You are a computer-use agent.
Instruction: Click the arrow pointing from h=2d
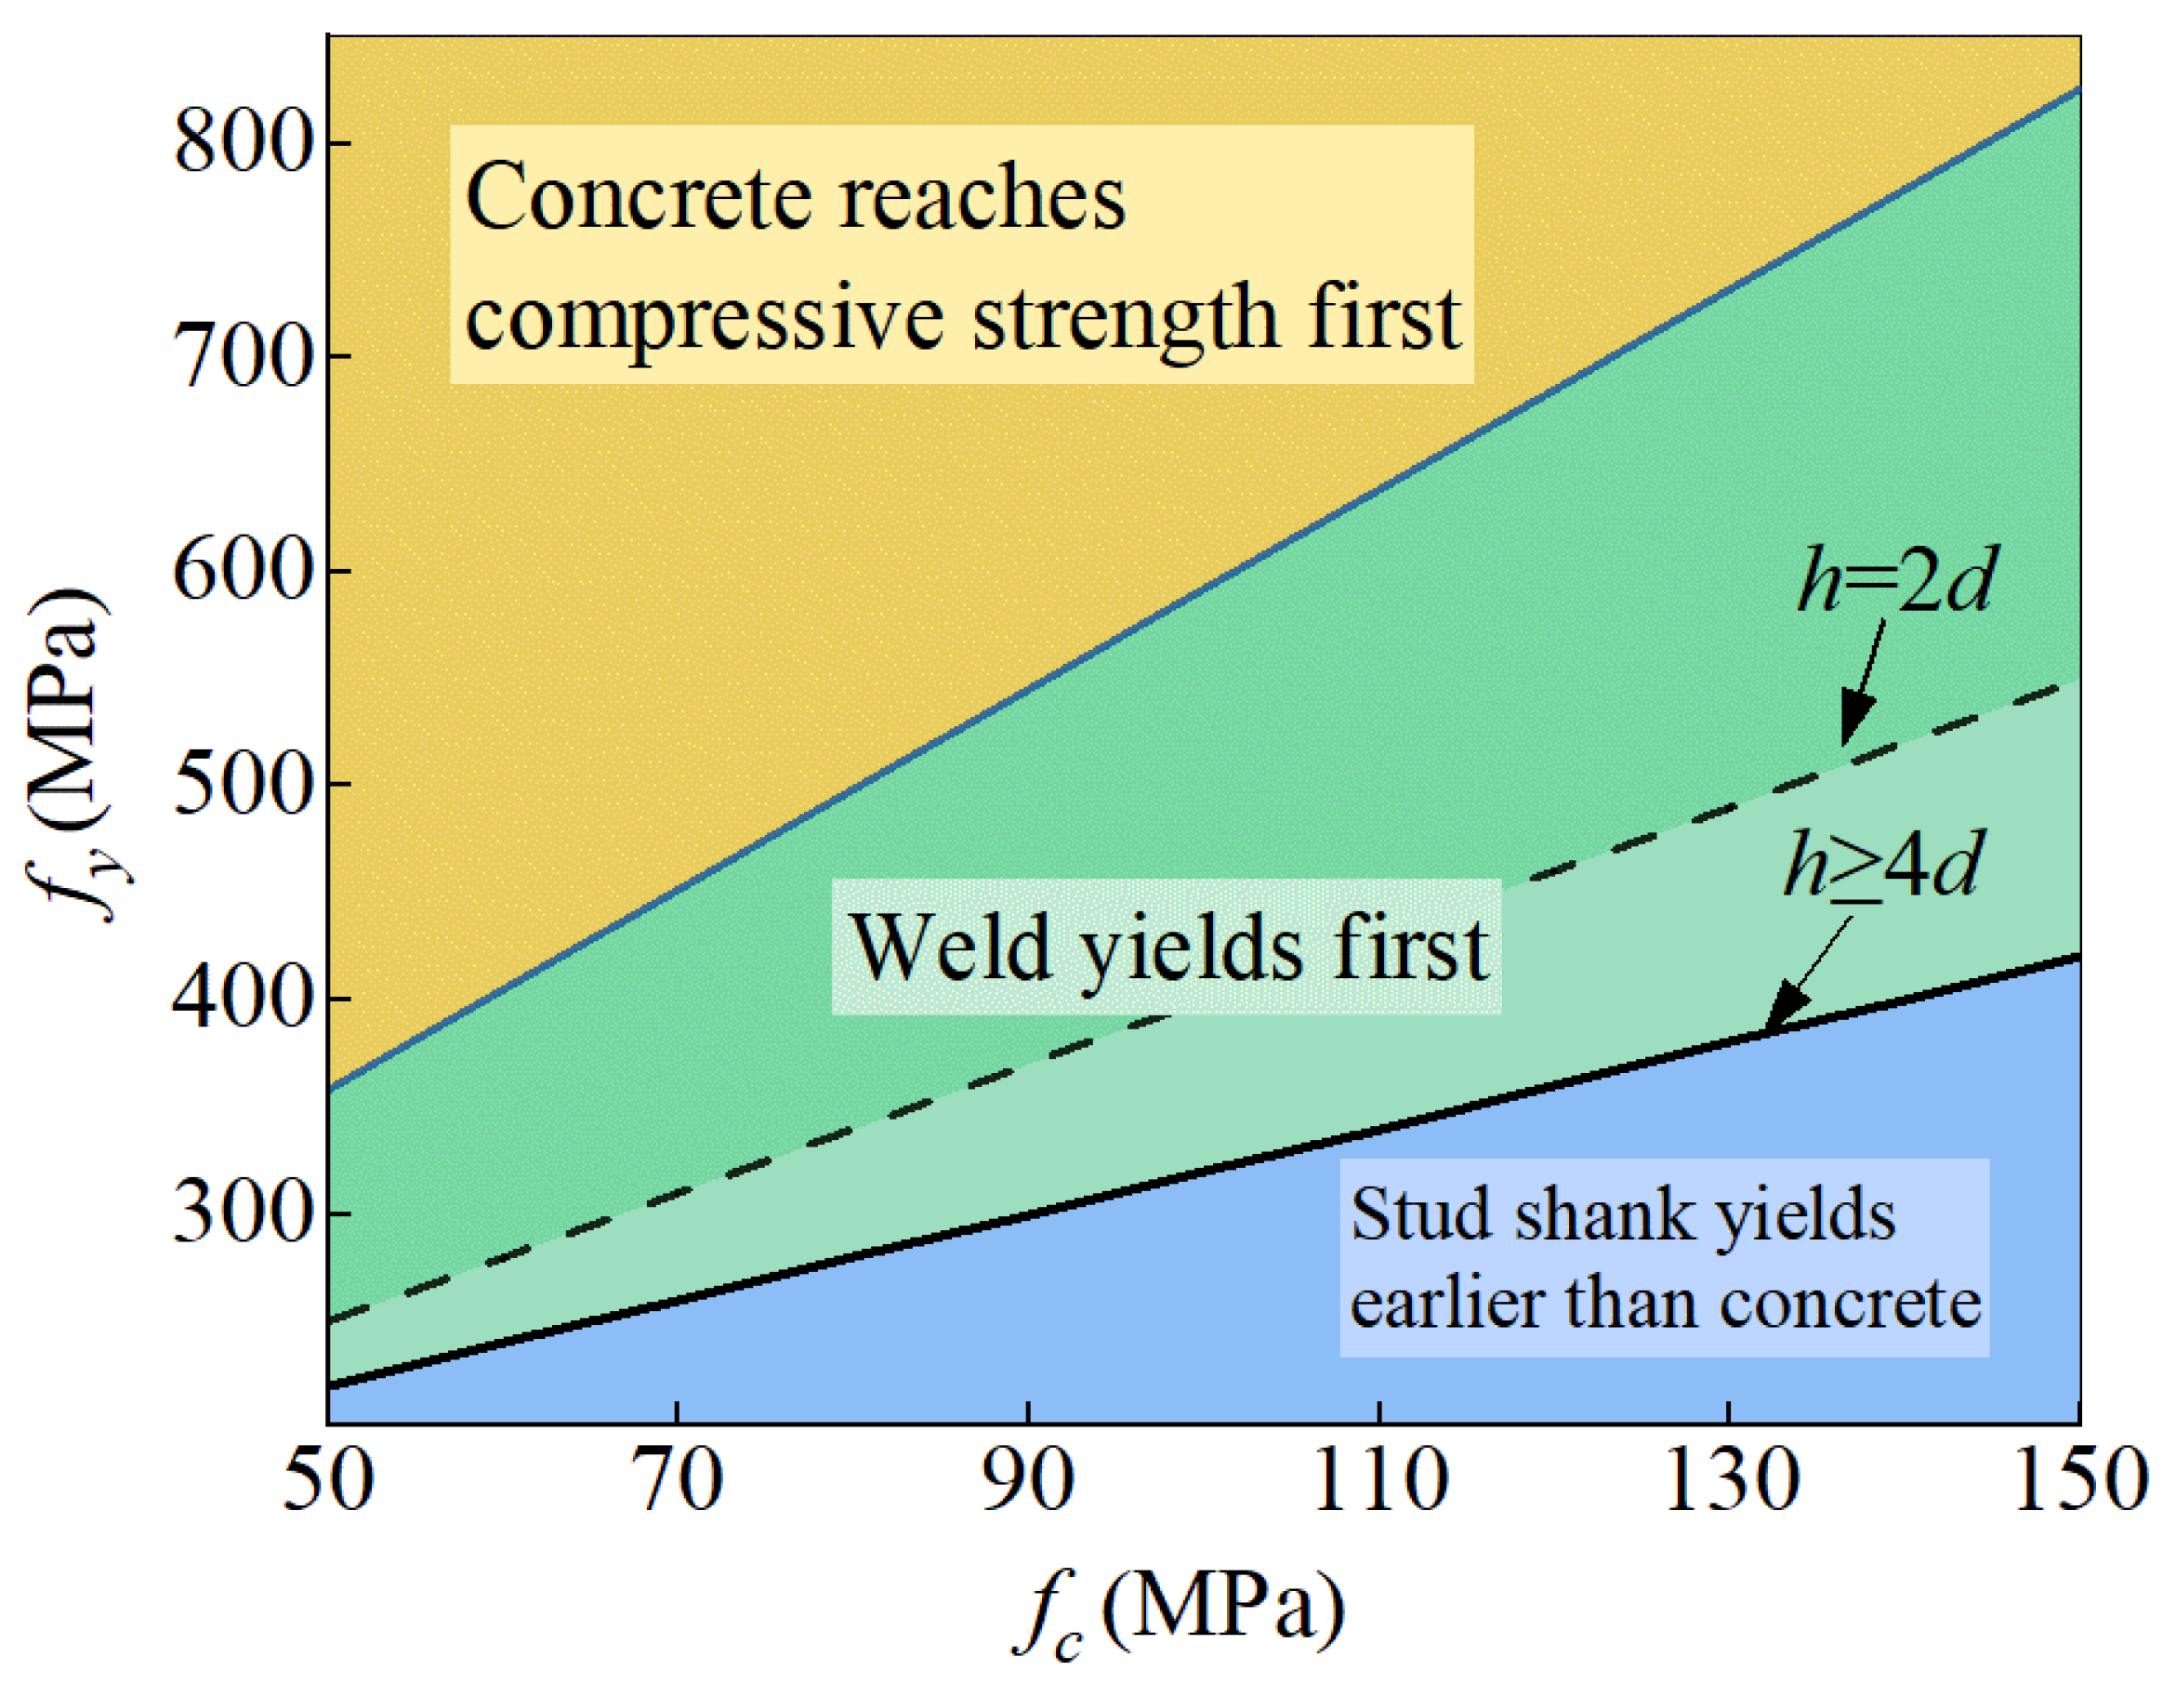click(x=1861, y=683)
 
